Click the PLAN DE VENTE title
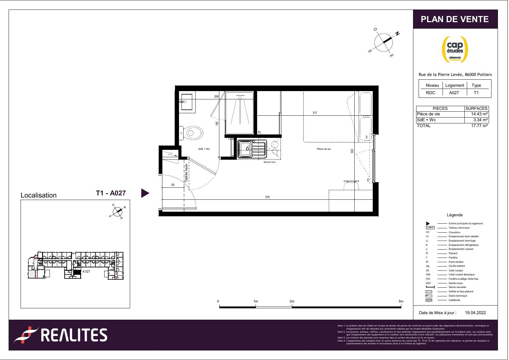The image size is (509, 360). [x=455, y=19]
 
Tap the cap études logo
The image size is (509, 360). [x=455, y=49]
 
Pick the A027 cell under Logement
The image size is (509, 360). [x=454, y=93]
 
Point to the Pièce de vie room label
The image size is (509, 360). [x=324, y=149]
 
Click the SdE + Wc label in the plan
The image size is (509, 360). [x=204, y=149]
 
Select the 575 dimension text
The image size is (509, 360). [x=267, y=197]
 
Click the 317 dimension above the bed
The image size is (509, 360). [x=315, y=113]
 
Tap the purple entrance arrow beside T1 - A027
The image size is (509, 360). [x=145, y=193]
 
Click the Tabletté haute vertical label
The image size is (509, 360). [x=186, y=173]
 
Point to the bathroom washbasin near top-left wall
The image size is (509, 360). [x=187, y=102]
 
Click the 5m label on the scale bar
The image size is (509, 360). [x=401, y=301]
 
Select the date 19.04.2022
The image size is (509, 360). [x=475, y=313]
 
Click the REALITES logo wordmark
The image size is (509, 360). [x=74, y=335]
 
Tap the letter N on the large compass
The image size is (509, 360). [x=397, y=34]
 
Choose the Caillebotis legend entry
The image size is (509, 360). [x=454, y=300]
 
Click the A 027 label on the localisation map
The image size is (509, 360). [x=86, y=271]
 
